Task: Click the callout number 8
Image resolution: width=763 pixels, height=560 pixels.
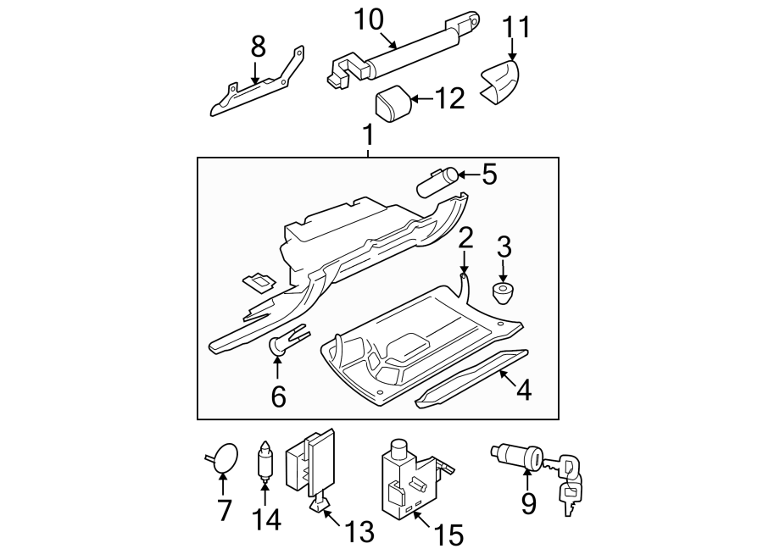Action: [x=258, y=47]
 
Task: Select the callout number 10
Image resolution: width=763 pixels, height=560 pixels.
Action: [x=369, y=19]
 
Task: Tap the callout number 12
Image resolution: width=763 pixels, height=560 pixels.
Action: [x=449, y=100]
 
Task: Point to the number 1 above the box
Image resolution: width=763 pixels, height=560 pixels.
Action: [x=367, y=133]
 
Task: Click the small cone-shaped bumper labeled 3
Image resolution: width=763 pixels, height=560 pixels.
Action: [x=504, y=294]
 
